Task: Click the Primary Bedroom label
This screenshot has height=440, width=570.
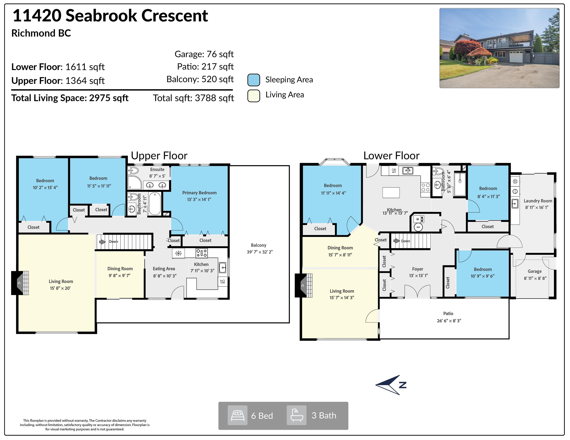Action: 199,193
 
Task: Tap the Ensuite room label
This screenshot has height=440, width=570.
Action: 157,169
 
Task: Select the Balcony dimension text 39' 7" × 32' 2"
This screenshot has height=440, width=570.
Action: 260,252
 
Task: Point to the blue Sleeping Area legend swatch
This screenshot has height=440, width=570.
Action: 254,80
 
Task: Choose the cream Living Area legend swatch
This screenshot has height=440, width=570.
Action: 254,96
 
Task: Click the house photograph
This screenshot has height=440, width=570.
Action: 499,48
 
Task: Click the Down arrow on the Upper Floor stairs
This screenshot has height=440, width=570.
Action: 102,242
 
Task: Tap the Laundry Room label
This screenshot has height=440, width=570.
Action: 538,201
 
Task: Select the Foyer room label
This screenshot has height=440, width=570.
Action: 418,269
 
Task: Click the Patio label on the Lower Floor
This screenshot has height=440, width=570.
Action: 448,314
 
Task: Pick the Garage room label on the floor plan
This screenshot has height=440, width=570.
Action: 534,271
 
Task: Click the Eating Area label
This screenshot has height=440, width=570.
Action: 164,269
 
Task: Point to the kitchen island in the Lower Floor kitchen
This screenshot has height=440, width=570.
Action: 391,193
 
